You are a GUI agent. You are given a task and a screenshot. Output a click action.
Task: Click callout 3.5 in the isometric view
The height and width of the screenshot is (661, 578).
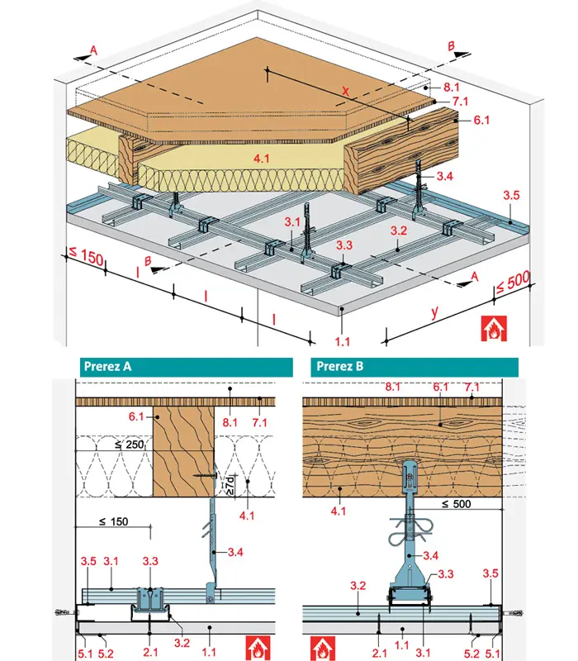(512, 196)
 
